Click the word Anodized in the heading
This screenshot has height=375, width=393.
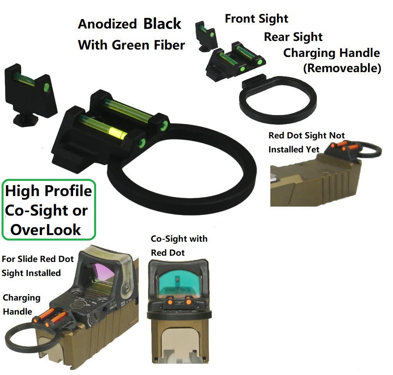pyautogui.click(x=107, y=24)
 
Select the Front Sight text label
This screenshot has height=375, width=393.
pyautogui.click(x=256, y=19)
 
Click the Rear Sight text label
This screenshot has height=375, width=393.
pyautogui.click(x=293, y=37)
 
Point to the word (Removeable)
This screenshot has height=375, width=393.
pyautogui.click(x=342, y=68)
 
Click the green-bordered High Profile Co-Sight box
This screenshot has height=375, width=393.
pyautogui.click(x=48, y=210)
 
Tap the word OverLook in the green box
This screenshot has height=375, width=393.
pyautogui.click(x=45, y=230)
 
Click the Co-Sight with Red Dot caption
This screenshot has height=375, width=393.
pyautogui.click(x=179, y=245)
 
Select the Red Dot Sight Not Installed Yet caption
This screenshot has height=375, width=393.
pyautogui.click(x=307, y=142)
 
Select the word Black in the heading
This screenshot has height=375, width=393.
pyautogui.click(x=162, y=24)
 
